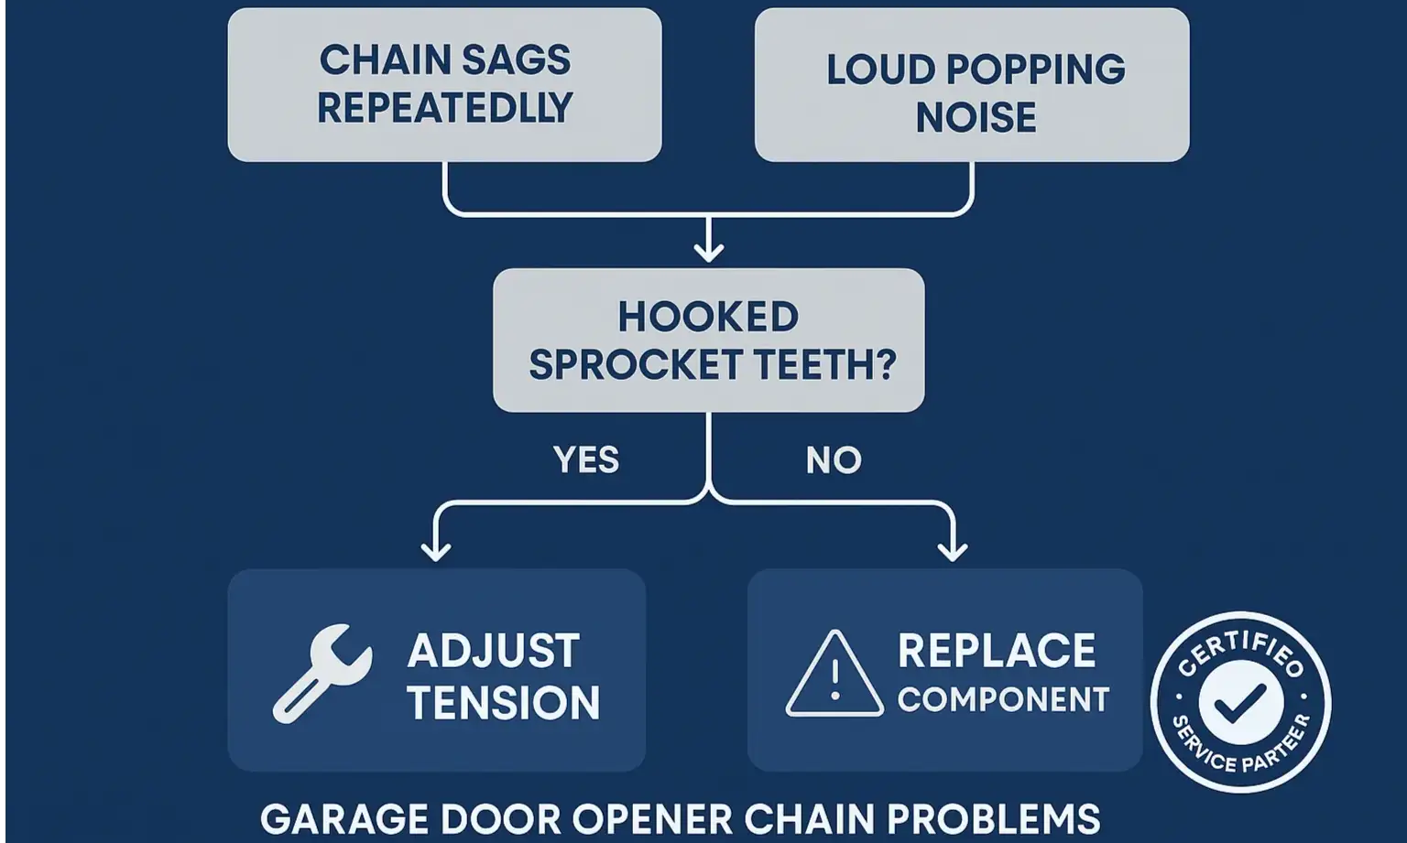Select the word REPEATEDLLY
click(x=444, y=108)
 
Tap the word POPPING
click(x=1035, y=70)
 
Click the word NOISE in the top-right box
click(x=976, y=118)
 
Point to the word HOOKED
click(x=708, y=318)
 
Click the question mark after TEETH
click(x=885, y=364)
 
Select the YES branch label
click(x=586, y=459)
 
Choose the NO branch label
click(x=834, y=459)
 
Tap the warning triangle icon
click(x=834, y=675)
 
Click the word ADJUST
click(x=493, y=652)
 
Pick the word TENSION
click(x=503, y=703)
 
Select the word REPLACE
click(x=997, y=652)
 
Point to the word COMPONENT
click(x=1003, y=700)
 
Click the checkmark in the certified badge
click(x=1240, y=703)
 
